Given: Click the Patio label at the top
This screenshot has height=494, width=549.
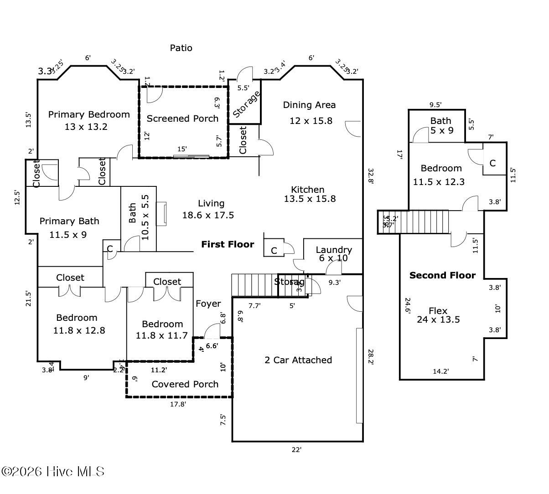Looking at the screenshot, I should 181,48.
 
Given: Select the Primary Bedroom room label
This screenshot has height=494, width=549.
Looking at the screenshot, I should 89,114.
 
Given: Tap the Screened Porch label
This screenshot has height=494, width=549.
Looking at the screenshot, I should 182,118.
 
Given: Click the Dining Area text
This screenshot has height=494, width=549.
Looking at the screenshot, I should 309,105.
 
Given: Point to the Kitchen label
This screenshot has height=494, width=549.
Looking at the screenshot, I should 308,190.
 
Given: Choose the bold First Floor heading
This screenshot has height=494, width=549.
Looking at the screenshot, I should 228,244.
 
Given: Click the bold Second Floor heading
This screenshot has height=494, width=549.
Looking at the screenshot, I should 442,275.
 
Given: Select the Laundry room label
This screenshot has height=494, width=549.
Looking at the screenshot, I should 334,250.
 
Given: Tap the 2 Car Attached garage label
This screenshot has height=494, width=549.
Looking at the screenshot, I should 298,360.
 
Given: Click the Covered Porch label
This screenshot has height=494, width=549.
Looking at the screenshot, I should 185,384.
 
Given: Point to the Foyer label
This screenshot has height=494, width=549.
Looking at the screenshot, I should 208,304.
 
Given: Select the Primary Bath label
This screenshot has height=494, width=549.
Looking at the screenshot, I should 69,221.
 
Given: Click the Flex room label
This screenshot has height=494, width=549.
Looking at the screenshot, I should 438,311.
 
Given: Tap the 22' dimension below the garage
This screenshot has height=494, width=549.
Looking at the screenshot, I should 297,450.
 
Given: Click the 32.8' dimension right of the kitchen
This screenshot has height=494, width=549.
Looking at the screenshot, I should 370,175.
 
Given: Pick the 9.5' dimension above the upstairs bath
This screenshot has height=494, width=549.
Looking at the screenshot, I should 435,104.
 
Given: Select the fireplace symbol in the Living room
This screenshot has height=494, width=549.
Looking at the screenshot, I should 161,214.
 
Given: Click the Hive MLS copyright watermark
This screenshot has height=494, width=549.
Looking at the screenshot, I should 53,471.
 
